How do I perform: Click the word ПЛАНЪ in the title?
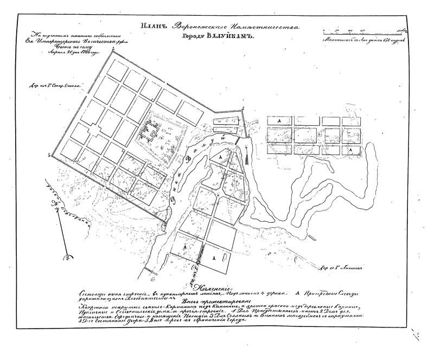click(156, 27)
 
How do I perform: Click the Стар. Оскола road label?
click(56, 85)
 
